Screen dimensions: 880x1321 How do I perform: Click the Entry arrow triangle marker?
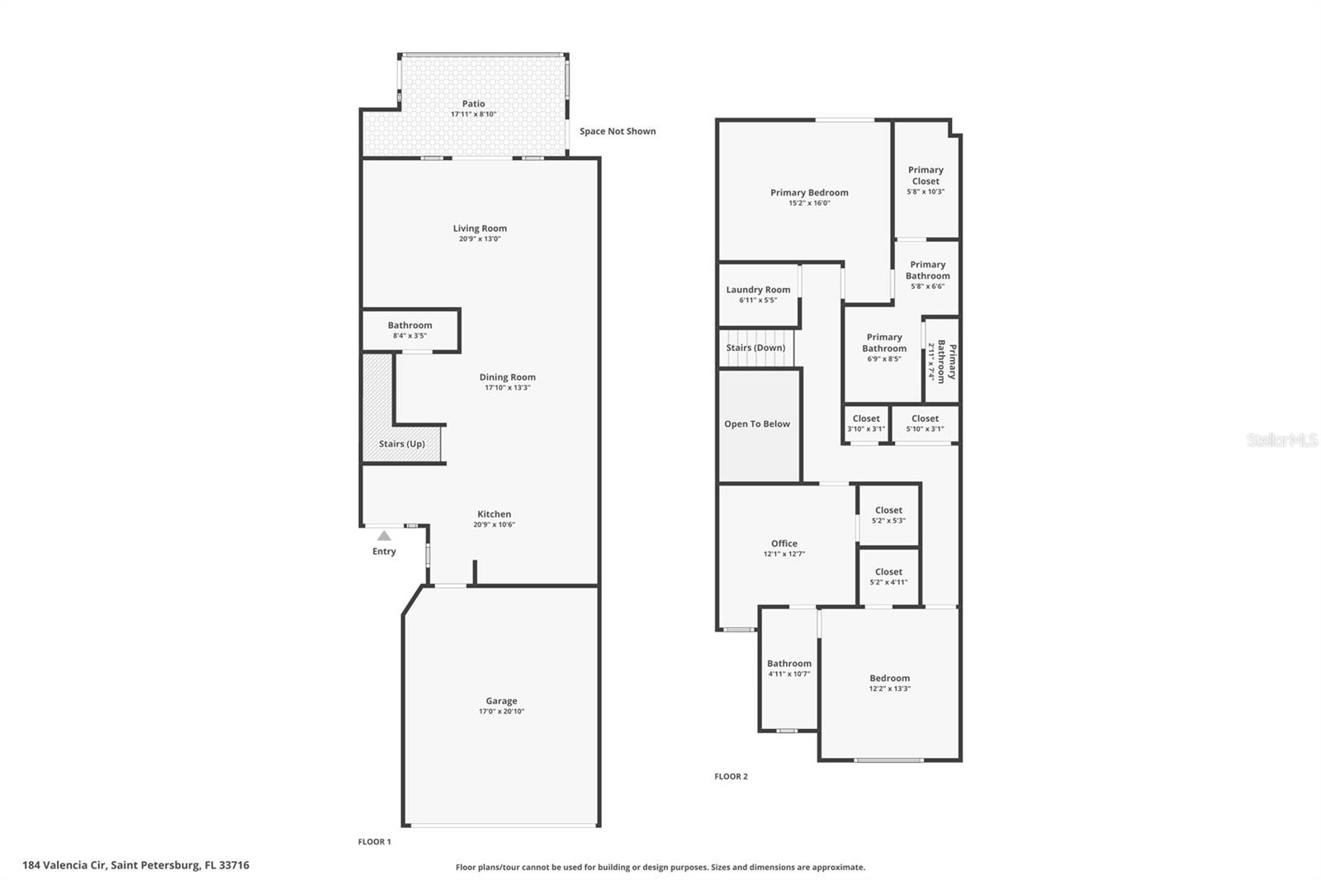tap(384, 536)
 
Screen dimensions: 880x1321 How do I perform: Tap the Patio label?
tap(473, 104)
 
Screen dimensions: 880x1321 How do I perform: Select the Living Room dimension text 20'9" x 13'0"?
tap(480, 239)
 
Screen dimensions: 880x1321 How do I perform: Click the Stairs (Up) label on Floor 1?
tap(402, 444)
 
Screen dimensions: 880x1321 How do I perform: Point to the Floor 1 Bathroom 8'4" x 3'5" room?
tap(410, 330)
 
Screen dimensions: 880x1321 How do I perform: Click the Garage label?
tap(501, 701)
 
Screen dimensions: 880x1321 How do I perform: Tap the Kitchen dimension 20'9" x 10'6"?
tap(494, 525)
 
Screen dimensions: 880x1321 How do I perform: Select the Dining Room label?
tap(507, 377)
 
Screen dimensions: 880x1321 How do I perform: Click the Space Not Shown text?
tap(618, 131)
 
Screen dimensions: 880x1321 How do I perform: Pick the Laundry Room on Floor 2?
tap(758, 295)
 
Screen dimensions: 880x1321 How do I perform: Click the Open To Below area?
tap(757, 424)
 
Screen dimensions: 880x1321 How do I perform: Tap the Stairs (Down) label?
tap(755, 348)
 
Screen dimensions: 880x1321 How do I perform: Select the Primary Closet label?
tap(926, 175)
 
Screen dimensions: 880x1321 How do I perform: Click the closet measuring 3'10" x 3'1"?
tap(865, 423)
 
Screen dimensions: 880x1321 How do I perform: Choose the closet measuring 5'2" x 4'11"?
tap(888, 576)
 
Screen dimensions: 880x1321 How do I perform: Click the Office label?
tap(784, 543)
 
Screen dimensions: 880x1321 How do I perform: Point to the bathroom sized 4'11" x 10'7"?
tap(788, 668)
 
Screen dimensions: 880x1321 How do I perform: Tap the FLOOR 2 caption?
tap(731, 777)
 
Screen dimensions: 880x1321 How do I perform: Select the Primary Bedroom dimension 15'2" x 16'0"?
tap(809, 203)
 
